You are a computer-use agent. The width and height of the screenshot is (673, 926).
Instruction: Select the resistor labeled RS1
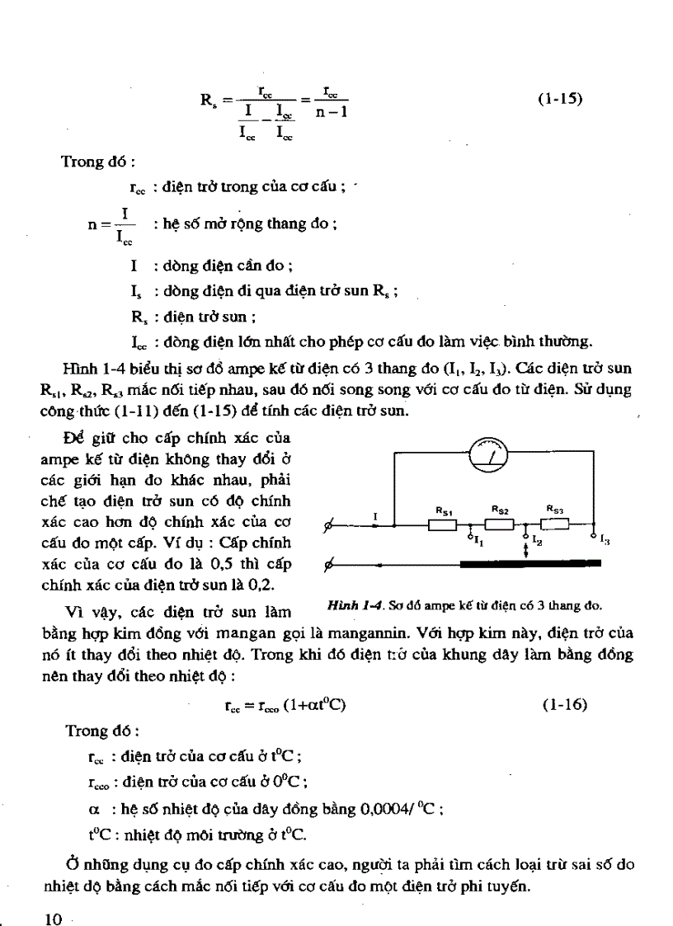443,525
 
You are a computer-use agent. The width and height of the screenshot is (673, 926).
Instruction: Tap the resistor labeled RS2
499,524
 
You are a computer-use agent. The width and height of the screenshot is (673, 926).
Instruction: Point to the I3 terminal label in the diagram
605,540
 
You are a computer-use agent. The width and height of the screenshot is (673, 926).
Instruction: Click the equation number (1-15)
560,99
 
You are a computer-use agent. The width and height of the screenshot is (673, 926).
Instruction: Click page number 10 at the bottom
54,897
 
